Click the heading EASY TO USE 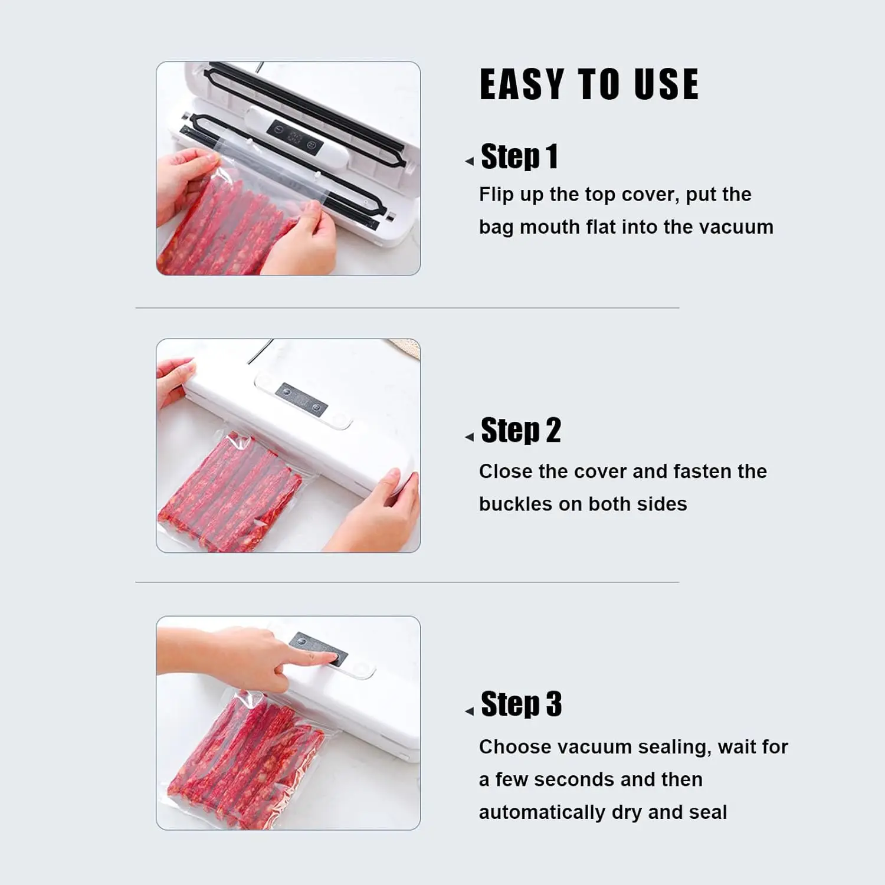click(x=589, y=84)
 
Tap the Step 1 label click(x=519, y=157)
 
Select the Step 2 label click(x=520, y=431)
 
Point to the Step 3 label click(x=521, y=704)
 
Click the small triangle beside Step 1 click(x=470, y=161)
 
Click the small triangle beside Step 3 click(x=470, y=712)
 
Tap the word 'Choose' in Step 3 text click(x=514, y=747)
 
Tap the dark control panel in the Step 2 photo click(x=301, y=399)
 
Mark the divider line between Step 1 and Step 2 click(x=407, y=308)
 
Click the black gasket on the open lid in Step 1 click(x=307, y=112)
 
